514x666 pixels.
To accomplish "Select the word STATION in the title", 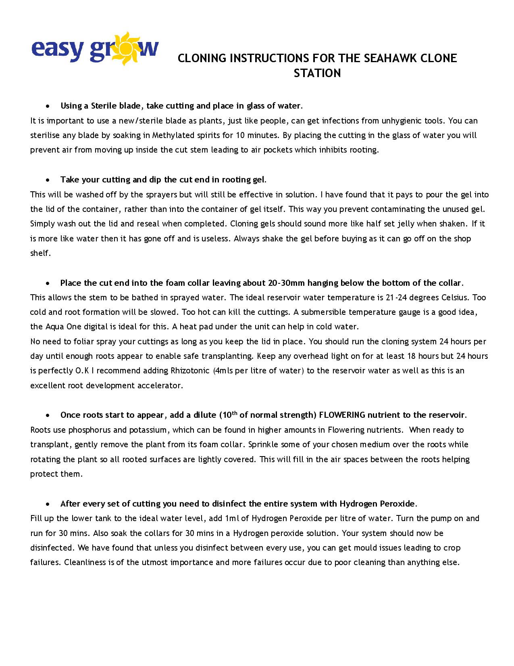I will pos(317,73).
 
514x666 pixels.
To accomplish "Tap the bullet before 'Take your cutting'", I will pos(48,180).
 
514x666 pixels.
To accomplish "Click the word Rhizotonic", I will pos(190,371).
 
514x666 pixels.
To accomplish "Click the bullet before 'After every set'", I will pos(48,504).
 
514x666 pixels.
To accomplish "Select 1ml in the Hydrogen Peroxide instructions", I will pos(232,518).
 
